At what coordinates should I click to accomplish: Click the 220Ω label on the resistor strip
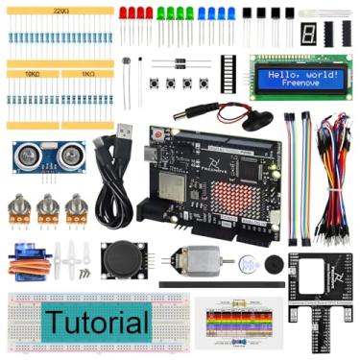coord(62,12)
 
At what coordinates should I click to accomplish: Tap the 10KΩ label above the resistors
coord(32,72)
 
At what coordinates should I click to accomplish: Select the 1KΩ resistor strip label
coord(87,72)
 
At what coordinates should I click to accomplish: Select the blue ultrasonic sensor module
coord(45,155)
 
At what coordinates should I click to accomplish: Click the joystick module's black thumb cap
coord(123,257)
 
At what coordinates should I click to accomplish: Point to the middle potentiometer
coord(47,209)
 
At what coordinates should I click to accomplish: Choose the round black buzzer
coord(274,265)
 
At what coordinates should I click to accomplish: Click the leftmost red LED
coord(123,13)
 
